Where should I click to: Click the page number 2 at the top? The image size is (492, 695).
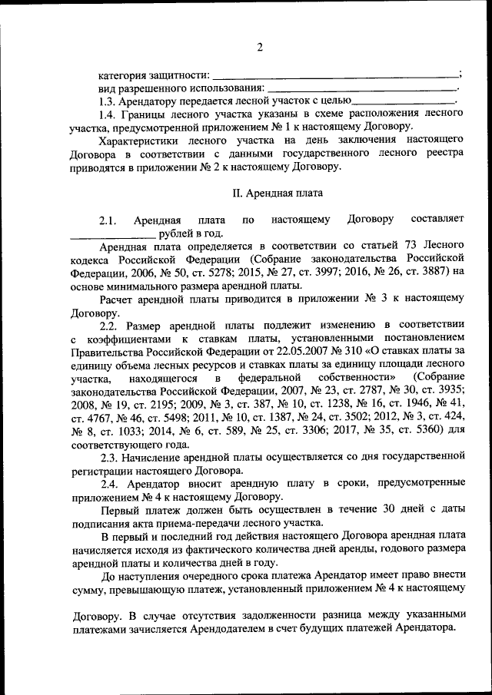[x=259, y=48]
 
